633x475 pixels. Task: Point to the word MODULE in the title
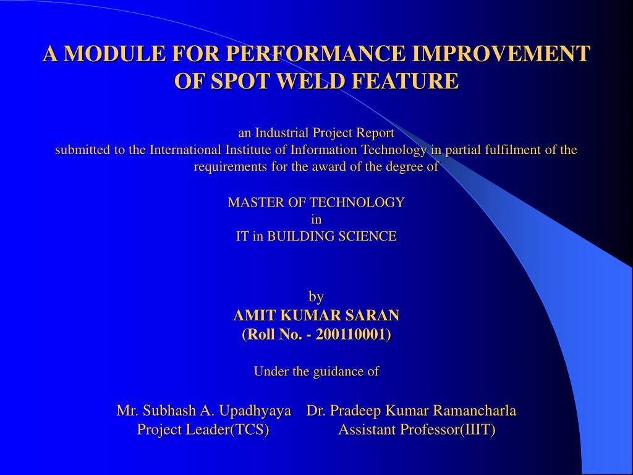point(114,53)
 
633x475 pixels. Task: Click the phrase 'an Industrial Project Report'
point(316,132)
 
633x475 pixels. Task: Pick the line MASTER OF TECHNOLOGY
point(316,202)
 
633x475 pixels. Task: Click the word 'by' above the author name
point(316,297)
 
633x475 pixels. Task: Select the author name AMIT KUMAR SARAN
point(316,315)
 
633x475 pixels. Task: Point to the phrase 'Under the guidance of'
point(316,371)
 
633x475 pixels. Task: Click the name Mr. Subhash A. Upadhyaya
point(203,411)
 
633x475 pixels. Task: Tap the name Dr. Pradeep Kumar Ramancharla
point(411,411)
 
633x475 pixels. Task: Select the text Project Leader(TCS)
point(203,430)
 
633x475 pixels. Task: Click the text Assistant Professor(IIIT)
point(417,430)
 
